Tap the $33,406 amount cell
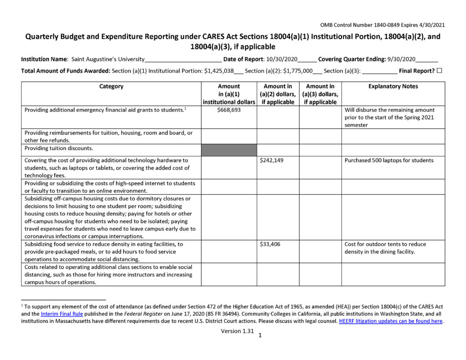click(x=270, y=244)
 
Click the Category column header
click(x=111, y=86)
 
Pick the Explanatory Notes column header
click(x=393, y=86)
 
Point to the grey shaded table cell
click(x=229, y=150)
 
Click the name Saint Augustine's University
click(x=108, y=59)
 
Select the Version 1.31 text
click(x=237, y=331)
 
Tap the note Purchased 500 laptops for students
click(x=389, y=160)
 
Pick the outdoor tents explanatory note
click(x=385, y=248)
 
